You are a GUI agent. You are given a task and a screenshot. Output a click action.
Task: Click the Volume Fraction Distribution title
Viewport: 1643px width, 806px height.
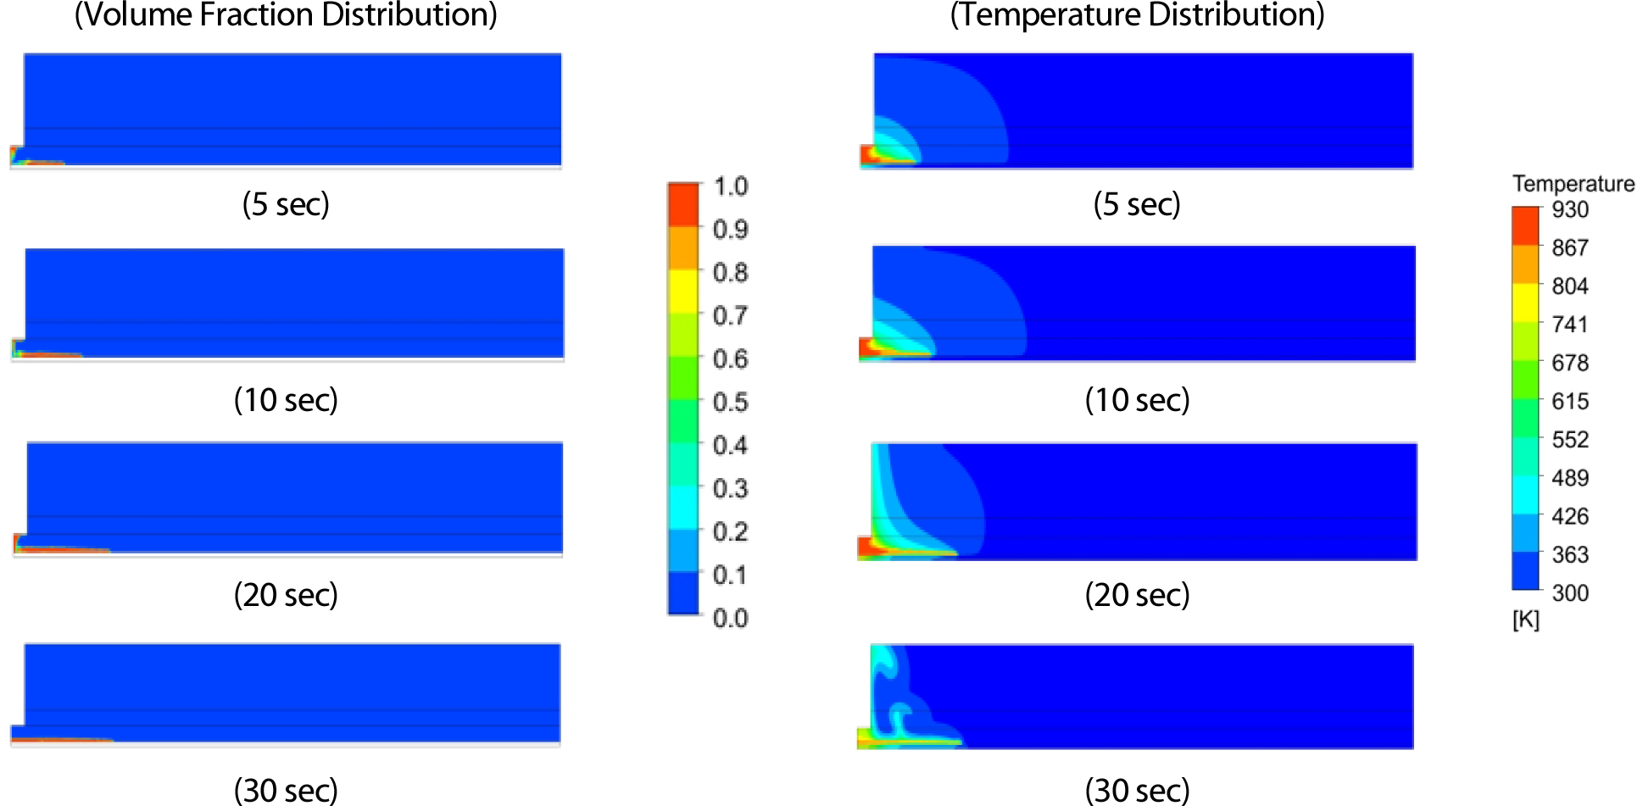[286, 14]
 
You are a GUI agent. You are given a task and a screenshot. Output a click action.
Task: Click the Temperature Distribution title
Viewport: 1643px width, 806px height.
[1137, 14]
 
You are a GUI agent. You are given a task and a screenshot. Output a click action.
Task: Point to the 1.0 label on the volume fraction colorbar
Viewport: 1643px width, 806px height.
[730, 186]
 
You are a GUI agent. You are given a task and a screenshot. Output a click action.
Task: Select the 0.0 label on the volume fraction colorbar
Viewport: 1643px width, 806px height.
[730, 618]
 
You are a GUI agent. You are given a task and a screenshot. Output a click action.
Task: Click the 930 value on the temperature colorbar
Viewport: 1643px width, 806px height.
[1570, 209]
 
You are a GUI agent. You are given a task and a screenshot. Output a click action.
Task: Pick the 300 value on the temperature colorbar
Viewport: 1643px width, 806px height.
[1570, 592]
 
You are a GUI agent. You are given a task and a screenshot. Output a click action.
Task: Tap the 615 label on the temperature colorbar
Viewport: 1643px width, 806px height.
[1570, 401]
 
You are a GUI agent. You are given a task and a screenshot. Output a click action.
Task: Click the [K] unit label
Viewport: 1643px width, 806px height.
[1525, 620]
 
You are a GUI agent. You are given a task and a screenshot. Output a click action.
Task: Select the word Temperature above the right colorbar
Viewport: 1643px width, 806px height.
[1573, 183]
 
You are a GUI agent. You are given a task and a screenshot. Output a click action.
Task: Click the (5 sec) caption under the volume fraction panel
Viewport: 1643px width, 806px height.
[286, 204]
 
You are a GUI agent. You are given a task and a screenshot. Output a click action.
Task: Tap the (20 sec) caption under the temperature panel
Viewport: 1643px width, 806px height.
[1137, 595]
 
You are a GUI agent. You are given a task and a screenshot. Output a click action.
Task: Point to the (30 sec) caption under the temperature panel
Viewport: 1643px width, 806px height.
[1137, 791]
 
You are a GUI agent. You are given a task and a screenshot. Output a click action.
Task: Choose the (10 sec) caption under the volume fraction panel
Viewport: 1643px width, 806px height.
[286, 400]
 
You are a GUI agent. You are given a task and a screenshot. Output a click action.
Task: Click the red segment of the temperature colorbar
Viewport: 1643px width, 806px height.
[1525, 225]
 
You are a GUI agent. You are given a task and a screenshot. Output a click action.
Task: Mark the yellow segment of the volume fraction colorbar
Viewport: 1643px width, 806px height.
[683, 292]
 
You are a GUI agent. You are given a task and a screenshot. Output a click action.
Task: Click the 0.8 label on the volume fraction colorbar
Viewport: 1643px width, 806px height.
[730, 272]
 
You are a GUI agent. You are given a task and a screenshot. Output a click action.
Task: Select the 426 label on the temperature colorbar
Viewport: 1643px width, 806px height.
[1570, 516]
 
